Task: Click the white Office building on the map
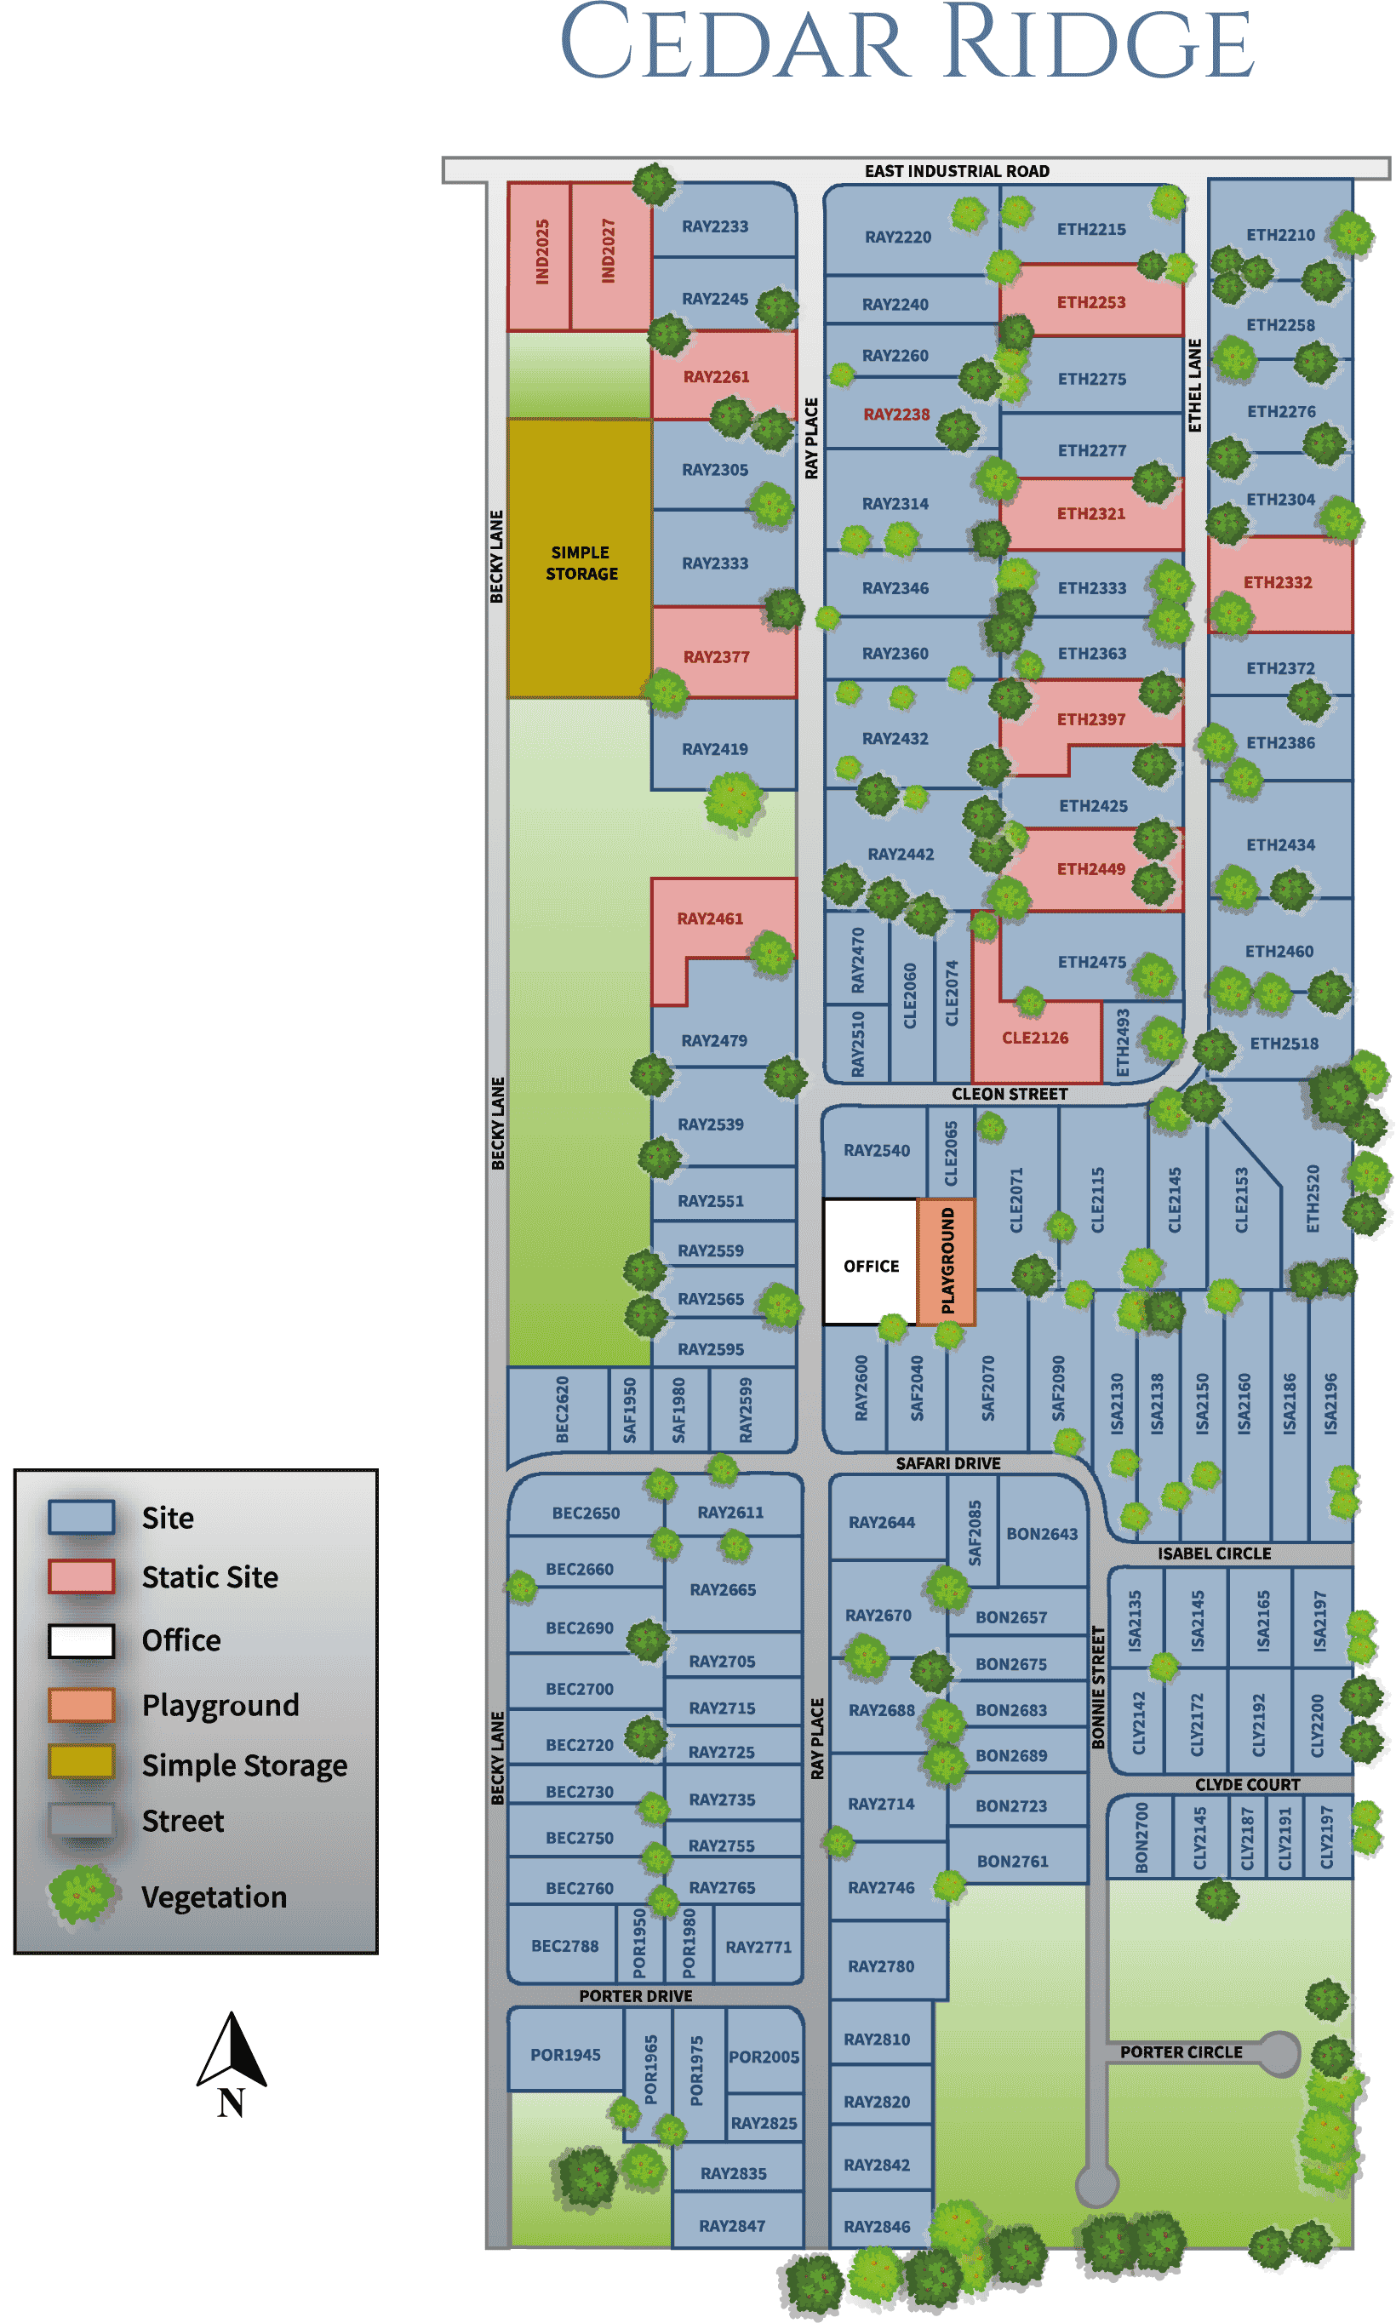point(869,1262)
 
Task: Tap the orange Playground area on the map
point(947,1261)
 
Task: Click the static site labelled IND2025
point(540,254)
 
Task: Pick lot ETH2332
point(1279,583)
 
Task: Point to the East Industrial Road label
point(957,171)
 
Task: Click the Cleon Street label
point(1009,1094)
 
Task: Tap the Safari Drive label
point(947,1463)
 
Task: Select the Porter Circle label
point(1181,2052)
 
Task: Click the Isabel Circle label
point(1214,1553)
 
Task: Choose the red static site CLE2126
point(1035,1038)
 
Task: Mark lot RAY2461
point(710,918)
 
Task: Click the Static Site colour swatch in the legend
point(82,1576)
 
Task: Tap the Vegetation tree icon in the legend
point(82,1895)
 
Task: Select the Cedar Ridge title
point(906,45)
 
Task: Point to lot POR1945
point(564,2055)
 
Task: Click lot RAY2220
point(897,237)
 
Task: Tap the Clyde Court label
point(1246,1785)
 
